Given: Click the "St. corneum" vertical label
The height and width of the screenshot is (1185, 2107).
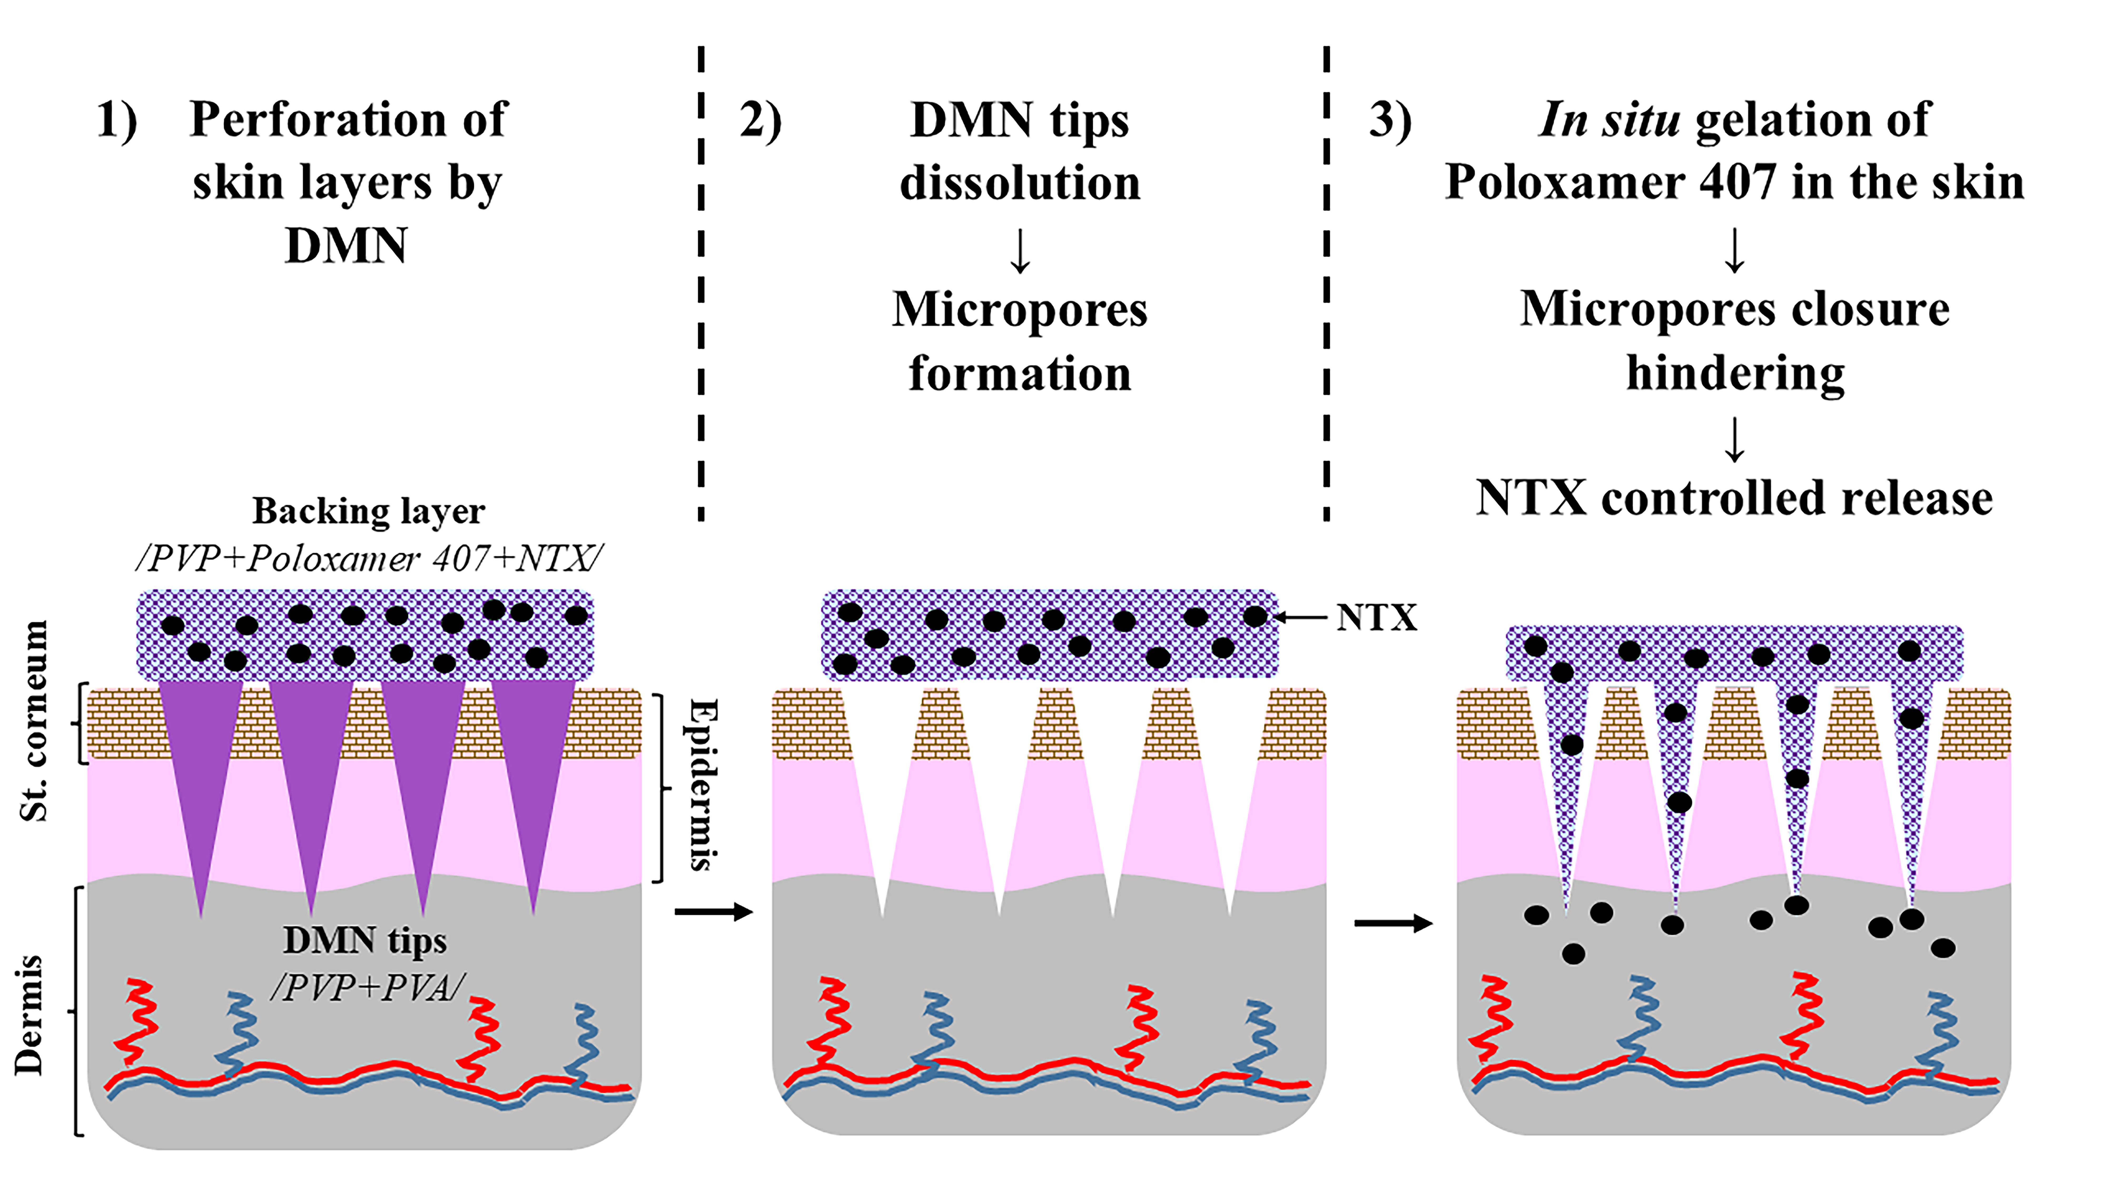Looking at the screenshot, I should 34,720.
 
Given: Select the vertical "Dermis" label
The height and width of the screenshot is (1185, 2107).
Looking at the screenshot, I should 29,1014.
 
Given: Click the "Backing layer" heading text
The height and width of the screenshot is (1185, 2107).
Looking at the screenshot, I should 368,511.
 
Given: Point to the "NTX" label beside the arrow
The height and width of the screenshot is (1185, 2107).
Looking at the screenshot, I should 1376,618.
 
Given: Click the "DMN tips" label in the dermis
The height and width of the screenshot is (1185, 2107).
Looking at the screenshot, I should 365,940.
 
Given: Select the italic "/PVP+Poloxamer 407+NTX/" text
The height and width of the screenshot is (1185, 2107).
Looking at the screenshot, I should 368,559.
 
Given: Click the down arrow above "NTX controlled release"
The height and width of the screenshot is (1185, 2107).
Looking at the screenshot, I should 1734,440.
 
